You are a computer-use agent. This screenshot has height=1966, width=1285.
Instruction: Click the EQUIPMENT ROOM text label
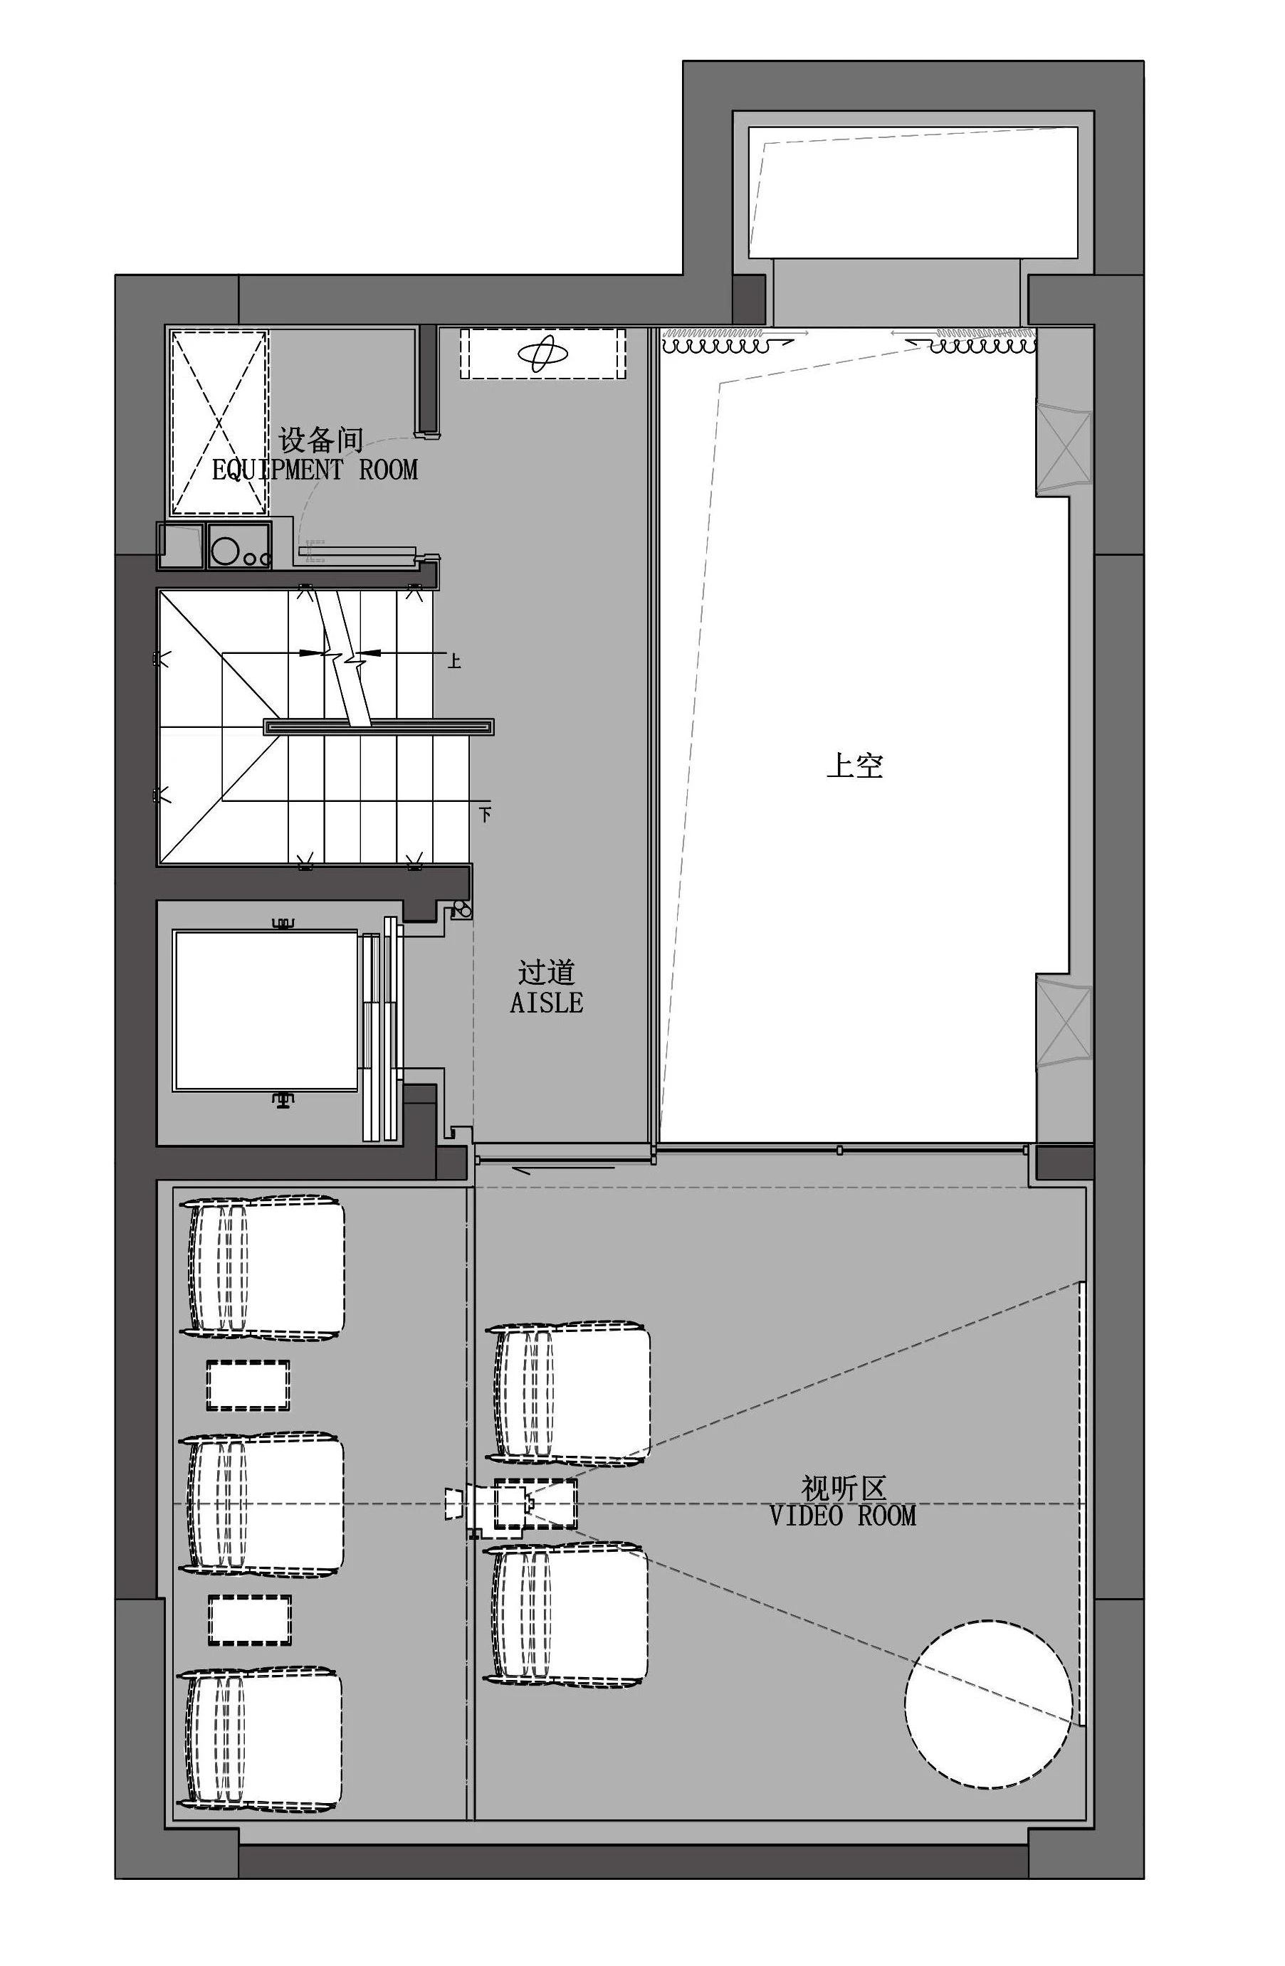(x=314, y=470)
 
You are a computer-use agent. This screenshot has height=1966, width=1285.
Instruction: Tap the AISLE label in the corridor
(x=545, y=1003)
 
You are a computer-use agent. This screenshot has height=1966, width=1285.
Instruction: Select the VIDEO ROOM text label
(x=842, y=1515)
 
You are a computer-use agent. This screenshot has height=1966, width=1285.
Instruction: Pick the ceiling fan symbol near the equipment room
(x=543, y=354)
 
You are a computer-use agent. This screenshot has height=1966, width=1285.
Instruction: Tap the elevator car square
(x=264, y=1010)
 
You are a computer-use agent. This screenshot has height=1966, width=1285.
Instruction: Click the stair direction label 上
(x=453, y=661)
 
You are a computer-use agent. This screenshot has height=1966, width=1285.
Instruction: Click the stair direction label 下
(x=485, y=814)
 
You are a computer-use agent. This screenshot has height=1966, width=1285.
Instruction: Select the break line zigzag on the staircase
(x=347, y=657)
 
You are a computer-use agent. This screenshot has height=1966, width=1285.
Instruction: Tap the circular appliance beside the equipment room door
(x=224, y=549)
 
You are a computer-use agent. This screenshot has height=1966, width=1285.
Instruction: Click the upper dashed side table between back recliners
(x=248, y=1385)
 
